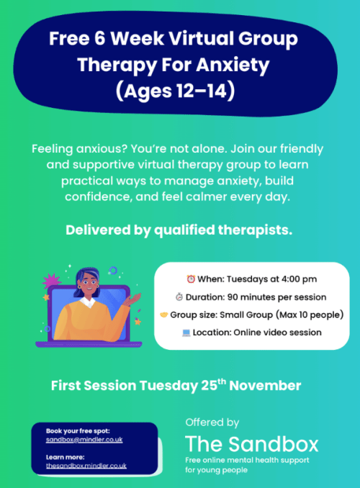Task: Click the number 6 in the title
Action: pyautogui.click(x=106, y=37)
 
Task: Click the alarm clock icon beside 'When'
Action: pyautogui.click(x=192, y=279)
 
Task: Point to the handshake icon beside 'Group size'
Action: pyautogui.click(x=164, y=315)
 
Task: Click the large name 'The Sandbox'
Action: pyautogui.click(x=251, y=443)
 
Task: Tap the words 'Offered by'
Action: pyautogui.click(x=212, y=423)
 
